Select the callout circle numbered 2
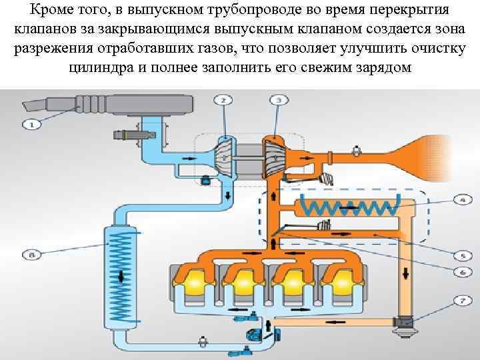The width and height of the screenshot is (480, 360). (x=223, y=100)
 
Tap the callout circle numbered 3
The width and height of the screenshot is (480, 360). (x=278, y=100)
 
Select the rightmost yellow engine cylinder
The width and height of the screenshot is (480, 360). (x=338, y=283)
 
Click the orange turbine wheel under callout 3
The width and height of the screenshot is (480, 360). (x=273, y=157)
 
